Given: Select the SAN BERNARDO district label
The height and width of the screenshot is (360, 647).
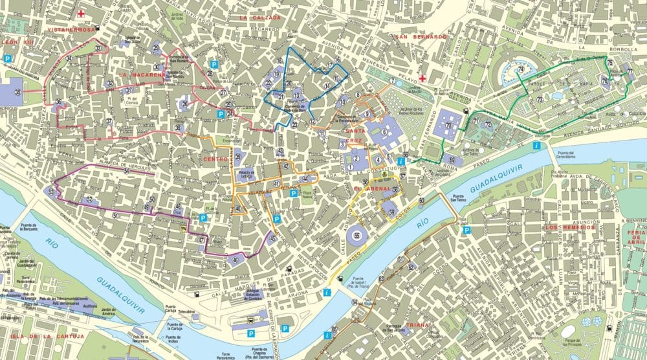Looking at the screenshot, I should [x=421, y=38].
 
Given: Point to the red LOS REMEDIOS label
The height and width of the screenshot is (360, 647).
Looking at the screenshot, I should [x=569, y=228].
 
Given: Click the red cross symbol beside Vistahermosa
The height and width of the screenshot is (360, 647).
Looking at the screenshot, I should [x=82, y=13].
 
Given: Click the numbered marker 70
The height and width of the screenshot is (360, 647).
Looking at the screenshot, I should [x=449, y=125].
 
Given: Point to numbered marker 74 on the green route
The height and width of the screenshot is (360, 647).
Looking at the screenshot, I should [x=520, y=69].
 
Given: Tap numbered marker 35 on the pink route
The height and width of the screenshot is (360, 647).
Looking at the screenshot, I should [x=18, y=93].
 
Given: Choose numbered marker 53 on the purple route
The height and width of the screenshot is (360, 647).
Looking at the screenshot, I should [x=50, y=192].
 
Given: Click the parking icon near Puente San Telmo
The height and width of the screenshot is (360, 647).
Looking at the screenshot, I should [x=467, y=230].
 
